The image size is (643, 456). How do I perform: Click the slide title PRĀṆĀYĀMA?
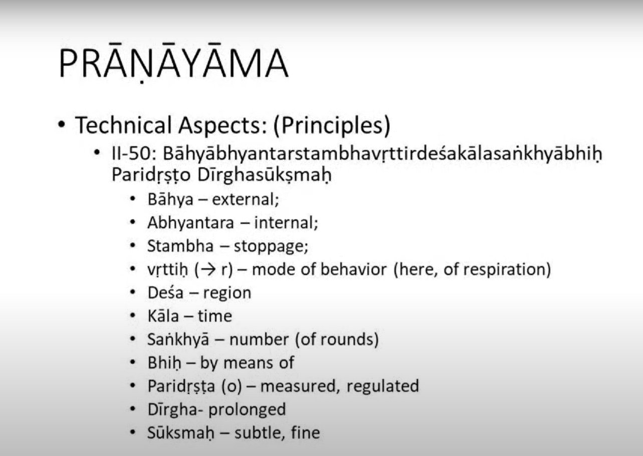click(173, 63)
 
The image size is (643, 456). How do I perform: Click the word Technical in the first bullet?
click(124, 125)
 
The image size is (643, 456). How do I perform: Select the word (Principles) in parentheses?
click(332, 126)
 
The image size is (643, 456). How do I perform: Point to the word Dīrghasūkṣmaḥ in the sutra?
click(265, 175)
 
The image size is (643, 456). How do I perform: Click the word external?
click(246, 199)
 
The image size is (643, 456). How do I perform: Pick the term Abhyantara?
click(190, 223)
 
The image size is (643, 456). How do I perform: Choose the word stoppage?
click(271, 246)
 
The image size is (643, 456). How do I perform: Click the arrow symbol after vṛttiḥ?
click(208, 269)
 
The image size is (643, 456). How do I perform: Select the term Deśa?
click(165, 292)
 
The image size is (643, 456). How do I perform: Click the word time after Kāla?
click(215, 316)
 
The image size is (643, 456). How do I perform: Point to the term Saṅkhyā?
click(178, 339)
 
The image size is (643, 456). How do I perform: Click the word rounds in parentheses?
click(347, 339)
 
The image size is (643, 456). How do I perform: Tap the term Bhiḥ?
click(164, 363)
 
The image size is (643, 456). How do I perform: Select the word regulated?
click(383, 386)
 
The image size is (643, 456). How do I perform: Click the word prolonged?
click(247, 410)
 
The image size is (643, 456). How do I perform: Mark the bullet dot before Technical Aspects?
click(62, 125)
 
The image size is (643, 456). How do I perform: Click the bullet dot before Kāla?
click(132, 316)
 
